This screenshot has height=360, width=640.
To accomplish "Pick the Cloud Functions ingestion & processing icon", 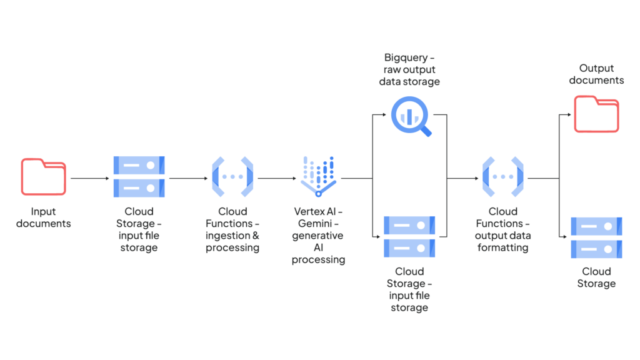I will click(x=232, y=177).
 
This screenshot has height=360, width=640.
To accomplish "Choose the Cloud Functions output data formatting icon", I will click(x=503, y=177).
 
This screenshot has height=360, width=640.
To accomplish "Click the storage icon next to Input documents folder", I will click(x=139, y=177).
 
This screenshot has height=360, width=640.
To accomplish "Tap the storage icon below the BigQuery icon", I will click(x=409, y=237).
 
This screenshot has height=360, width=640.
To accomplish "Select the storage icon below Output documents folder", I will click(x=596, y=237).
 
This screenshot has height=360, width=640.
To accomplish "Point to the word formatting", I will click(x=502, y=247).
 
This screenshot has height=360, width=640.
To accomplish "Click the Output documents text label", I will click(x=596, y=74).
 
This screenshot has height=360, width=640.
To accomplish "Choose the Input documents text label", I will click(x=43, y=217).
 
